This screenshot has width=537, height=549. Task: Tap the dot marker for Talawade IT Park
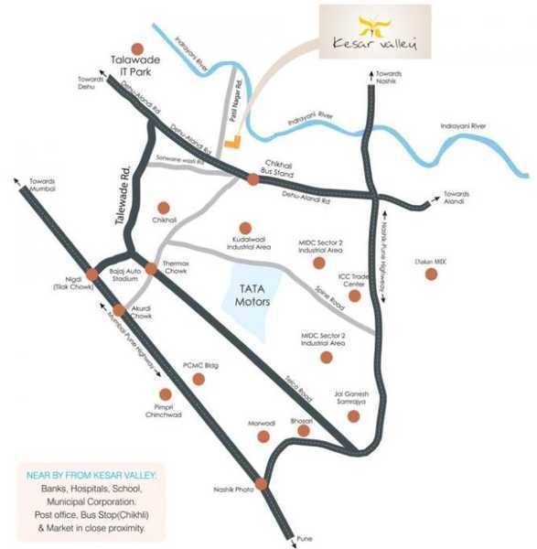point(138,48)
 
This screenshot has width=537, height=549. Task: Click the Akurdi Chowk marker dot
point(118,310)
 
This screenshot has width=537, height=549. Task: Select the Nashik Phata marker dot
point(262,484)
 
